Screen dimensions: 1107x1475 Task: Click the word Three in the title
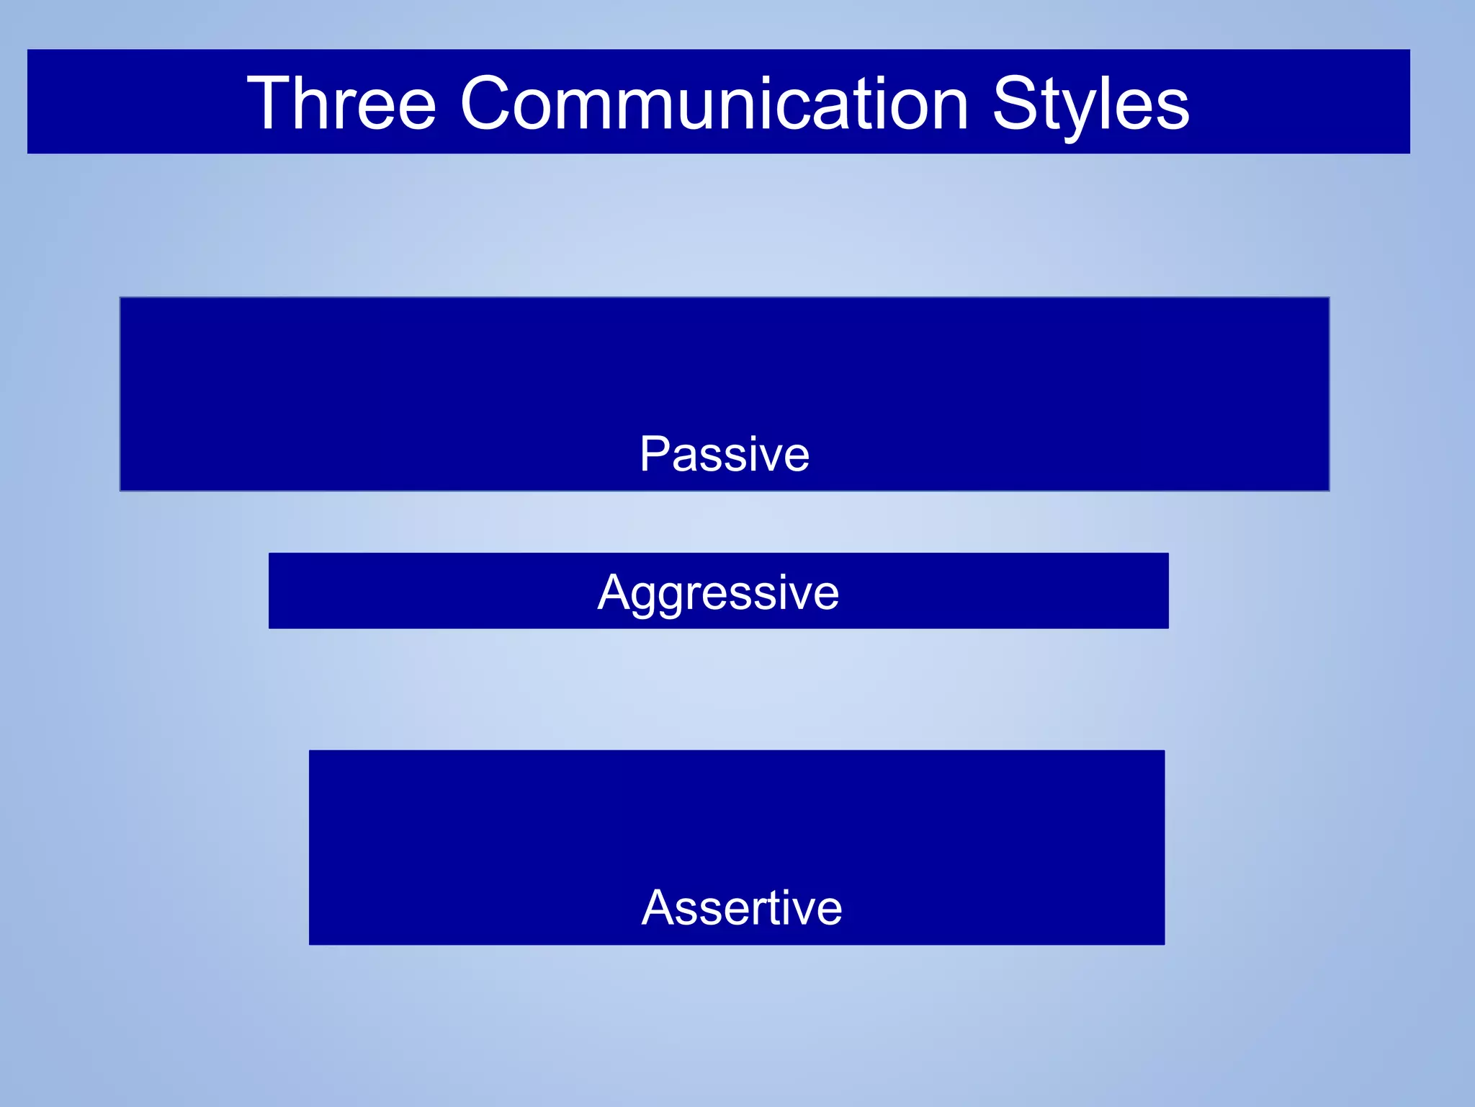341,104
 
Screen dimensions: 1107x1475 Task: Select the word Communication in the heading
714,104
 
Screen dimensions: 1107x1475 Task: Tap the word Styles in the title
1090,105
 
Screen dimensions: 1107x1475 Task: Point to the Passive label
725,455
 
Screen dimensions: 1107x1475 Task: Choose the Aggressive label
718,593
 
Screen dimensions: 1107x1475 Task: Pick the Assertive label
742,907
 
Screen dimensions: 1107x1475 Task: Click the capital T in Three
269,104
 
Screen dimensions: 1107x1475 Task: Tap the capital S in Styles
1016,104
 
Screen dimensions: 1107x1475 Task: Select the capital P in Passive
655,454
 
